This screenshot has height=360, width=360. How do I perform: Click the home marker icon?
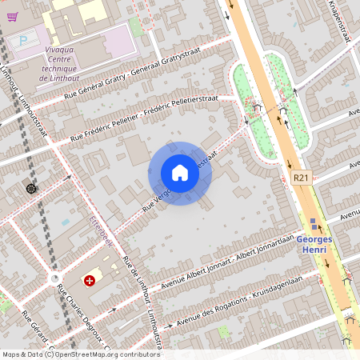pyautogui.click(x=179, y=173)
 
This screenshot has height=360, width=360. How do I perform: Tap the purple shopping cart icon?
pyautogui.click(x=12, y=16)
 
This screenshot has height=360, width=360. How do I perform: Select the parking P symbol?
pyautogui.click(x=23, y=38)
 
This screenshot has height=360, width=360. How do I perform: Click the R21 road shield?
pyautogui.click(x=301, y=178)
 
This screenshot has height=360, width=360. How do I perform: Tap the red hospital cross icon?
pyautogui.click(x=90, y=281)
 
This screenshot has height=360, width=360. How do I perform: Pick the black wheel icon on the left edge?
pyautogui.click(x=31, y=188)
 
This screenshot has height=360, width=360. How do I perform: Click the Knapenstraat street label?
pyautogui.click(x=339, y=16)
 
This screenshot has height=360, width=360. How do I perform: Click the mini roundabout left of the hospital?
pyautogui.click(x=54, y=278)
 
